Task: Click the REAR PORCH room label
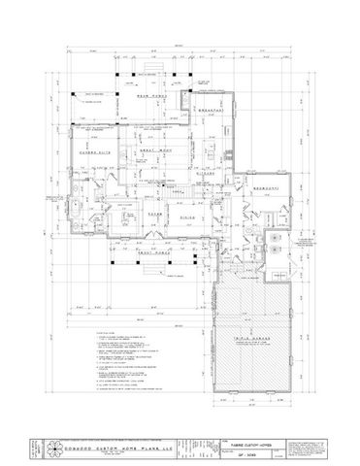pyautogui.click(x=147, y=96)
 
